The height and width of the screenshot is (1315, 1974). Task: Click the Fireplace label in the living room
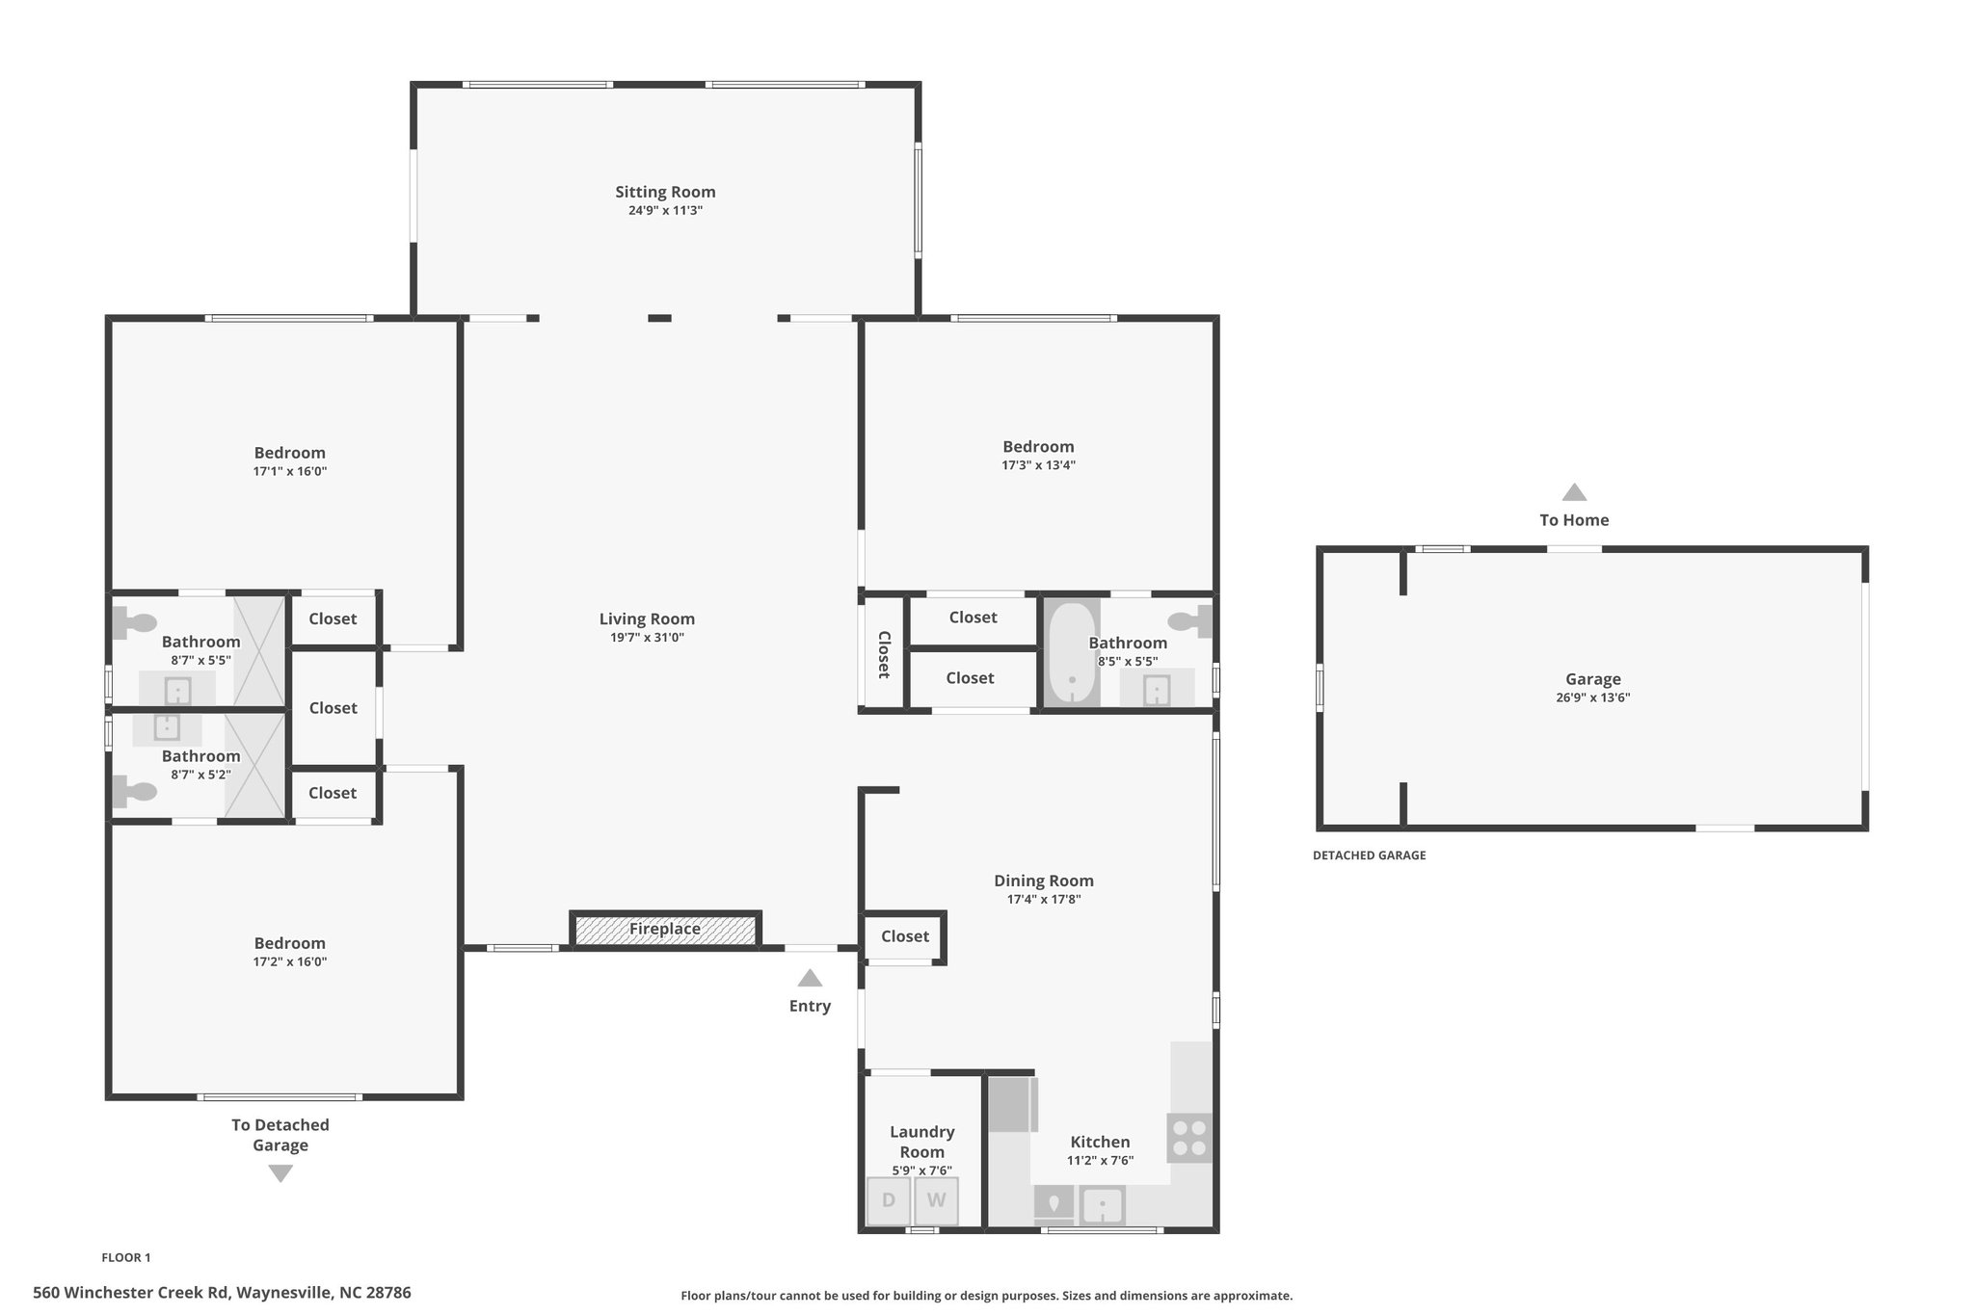point(665,929)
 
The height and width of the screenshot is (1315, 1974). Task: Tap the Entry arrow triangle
point(810,978)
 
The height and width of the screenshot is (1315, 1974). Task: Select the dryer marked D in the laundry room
point(889,1201)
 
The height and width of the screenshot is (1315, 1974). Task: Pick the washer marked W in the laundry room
point(937,1201)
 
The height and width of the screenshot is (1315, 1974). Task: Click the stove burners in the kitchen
point(1189,1138)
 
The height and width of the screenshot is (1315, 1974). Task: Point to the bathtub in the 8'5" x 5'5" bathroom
point(1072,654)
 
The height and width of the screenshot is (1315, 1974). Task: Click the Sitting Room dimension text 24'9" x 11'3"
point(665,210)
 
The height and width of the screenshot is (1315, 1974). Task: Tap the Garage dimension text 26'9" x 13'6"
point(1592,697)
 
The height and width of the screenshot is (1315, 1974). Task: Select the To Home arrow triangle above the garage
point(1574,492)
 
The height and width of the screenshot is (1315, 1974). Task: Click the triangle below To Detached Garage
point(280,1173)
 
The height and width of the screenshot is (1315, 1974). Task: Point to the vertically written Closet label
point(883,654)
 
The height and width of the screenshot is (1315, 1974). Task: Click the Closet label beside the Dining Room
point(905,935)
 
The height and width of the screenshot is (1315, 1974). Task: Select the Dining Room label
point(1044,881)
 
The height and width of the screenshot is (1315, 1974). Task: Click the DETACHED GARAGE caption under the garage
point(1369,855)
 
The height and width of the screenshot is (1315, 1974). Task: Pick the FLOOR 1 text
point(126,1257)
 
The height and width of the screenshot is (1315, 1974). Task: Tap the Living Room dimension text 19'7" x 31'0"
point(647,637)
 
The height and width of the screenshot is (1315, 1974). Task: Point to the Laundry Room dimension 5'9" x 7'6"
point(922,1170)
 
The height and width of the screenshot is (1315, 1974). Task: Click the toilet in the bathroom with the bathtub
point(1190,621)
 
